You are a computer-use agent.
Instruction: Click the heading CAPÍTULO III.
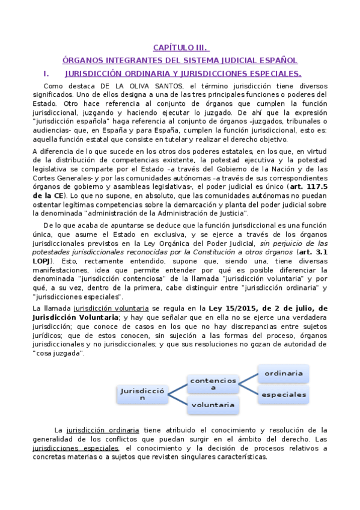click(x=181, y=48)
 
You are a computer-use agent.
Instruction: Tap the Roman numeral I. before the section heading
click(x=46, y=73)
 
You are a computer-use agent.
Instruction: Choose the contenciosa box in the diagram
click(x=212, y=384)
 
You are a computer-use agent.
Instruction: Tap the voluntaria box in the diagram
click(x=212, y=405)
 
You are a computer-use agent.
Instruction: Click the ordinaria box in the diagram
click(x=283, y=373)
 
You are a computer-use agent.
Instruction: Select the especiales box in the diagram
click(x=283, y=395)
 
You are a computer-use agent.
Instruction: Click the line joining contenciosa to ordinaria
click(x=248, y=379)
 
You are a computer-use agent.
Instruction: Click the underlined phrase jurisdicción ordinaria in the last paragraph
click(x=103, y=430)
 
